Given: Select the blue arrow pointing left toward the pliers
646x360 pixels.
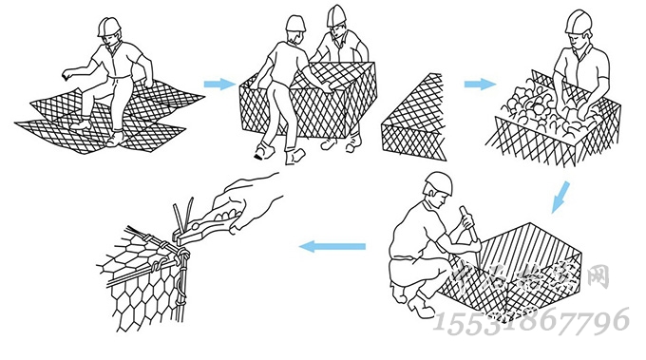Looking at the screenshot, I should (x=332, y=247).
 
